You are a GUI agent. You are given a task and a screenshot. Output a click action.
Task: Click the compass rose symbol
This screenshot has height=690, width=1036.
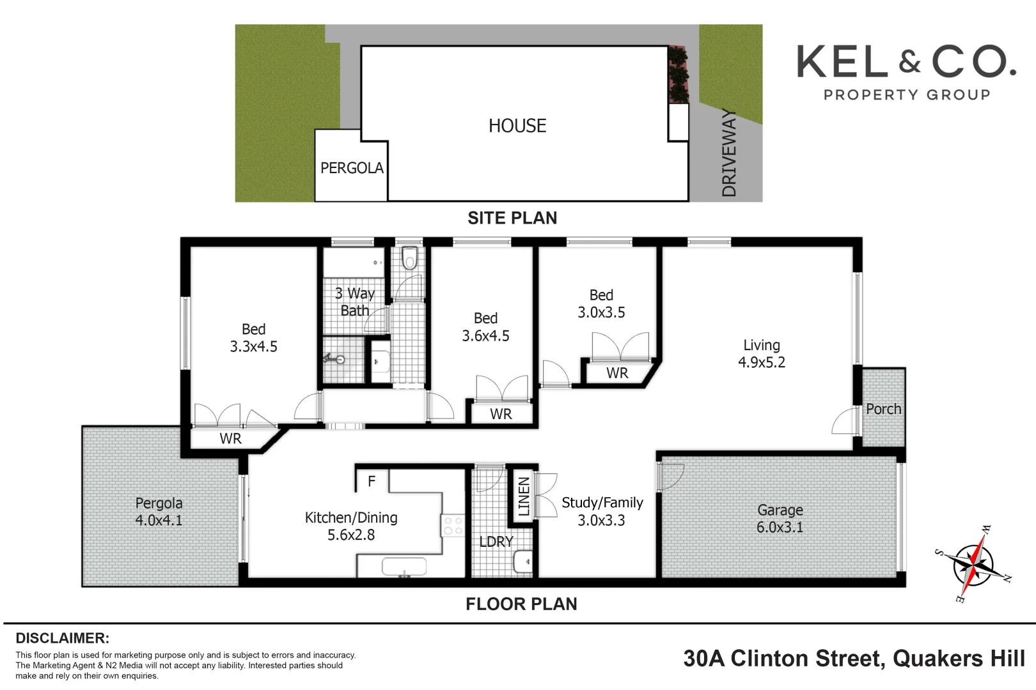point(973,564)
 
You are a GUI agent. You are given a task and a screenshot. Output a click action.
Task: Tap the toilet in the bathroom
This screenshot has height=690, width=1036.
point(409,258)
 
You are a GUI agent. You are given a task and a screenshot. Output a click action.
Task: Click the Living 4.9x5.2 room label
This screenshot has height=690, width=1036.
point(761,353)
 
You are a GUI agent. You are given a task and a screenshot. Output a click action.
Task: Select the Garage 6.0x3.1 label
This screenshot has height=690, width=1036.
point(780,519)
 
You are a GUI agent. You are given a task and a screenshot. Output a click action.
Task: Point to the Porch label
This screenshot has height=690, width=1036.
point(883,409)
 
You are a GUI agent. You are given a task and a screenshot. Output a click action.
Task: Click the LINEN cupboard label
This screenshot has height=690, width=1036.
point(523,497)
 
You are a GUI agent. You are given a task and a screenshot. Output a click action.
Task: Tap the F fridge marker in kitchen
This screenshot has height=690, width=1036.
point(372,482)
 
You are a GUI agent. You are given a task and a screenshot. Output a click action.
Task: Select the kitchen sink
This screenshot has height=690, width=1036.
point(404,567)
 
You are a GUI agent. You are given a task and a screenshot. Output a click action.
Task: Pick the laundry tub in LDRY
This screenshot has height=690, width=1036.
point(523,562)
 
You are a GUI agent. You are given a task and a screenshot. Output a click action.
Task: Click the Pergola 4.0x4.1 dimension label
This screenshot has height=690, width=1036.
point(159,512)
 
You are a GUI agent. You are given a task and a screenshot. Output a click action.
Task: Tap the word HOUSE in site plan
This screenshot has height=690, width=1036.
point(517,126)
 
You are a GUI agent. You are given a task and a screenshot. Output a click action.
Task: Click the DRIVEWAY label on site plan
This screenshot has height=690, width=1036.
point(729,153)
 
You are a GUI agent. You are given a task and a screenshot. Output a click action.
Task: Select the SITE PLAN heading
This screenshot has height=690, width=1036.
point(512,218)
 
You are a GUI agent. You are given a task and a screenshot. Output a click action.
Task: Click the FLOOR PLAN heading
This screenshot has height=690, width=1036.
point(521,604)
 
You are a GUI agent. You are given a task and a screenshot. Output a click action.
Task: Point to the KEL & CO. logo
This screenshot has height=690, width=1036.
point(907,72)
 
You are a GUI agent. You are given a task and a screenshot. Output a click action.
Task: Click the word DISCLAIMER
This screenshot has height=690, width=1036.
point(63,638)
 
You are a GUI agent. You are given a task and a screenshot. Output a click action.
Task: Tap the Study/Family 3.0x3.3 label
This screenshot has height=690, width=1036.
point(602,512)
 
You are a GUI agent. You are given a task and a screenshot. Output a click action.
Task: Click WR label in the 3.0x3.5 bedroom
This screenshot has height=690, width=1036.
point(617,373)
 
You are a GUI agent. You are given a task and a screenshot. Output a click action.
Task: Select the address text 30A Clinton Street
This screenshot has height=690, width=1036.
point(784,659)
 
